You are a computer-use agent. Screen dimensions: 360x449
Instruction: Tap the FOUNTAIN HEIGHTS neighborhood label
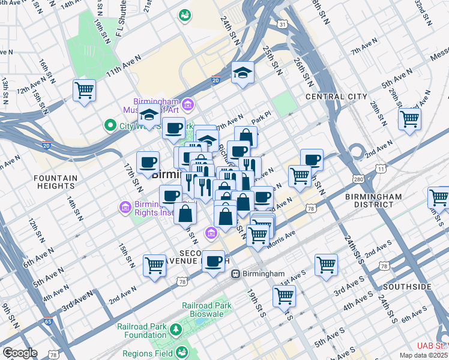pos(55,182)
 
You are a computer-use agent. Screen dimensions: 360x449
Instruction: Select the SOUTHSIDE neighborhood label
pos(408,287)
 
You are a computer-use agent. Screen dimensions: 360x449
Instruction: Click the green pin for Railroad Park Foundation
pos(175,329)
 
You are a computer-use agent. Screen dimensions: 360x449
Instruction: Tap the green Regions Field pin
pos(182,353)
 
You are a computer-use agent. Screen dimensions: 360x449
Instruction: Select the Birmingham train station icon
pos(236,274)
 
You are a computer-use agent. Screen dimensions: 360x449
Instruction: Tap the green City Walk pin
pos(110,126)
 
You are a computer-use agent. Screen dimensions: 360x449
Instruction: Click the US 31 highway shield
pos(282,23)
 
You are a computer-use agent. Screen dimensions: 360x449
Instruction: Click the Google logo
pos(20,353)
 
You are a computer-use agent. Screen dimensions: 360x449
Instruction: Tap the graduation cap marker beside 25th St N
pos(243,73)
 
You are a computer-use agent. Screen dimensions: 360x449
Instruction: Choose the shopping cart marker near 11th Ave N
pos(84,91)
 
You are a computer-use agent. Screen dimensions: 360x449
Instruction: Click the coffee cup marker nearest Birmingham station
pos(213,261)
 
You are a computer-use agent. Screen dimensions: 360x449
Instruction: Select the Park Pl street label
pos(258,121)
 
